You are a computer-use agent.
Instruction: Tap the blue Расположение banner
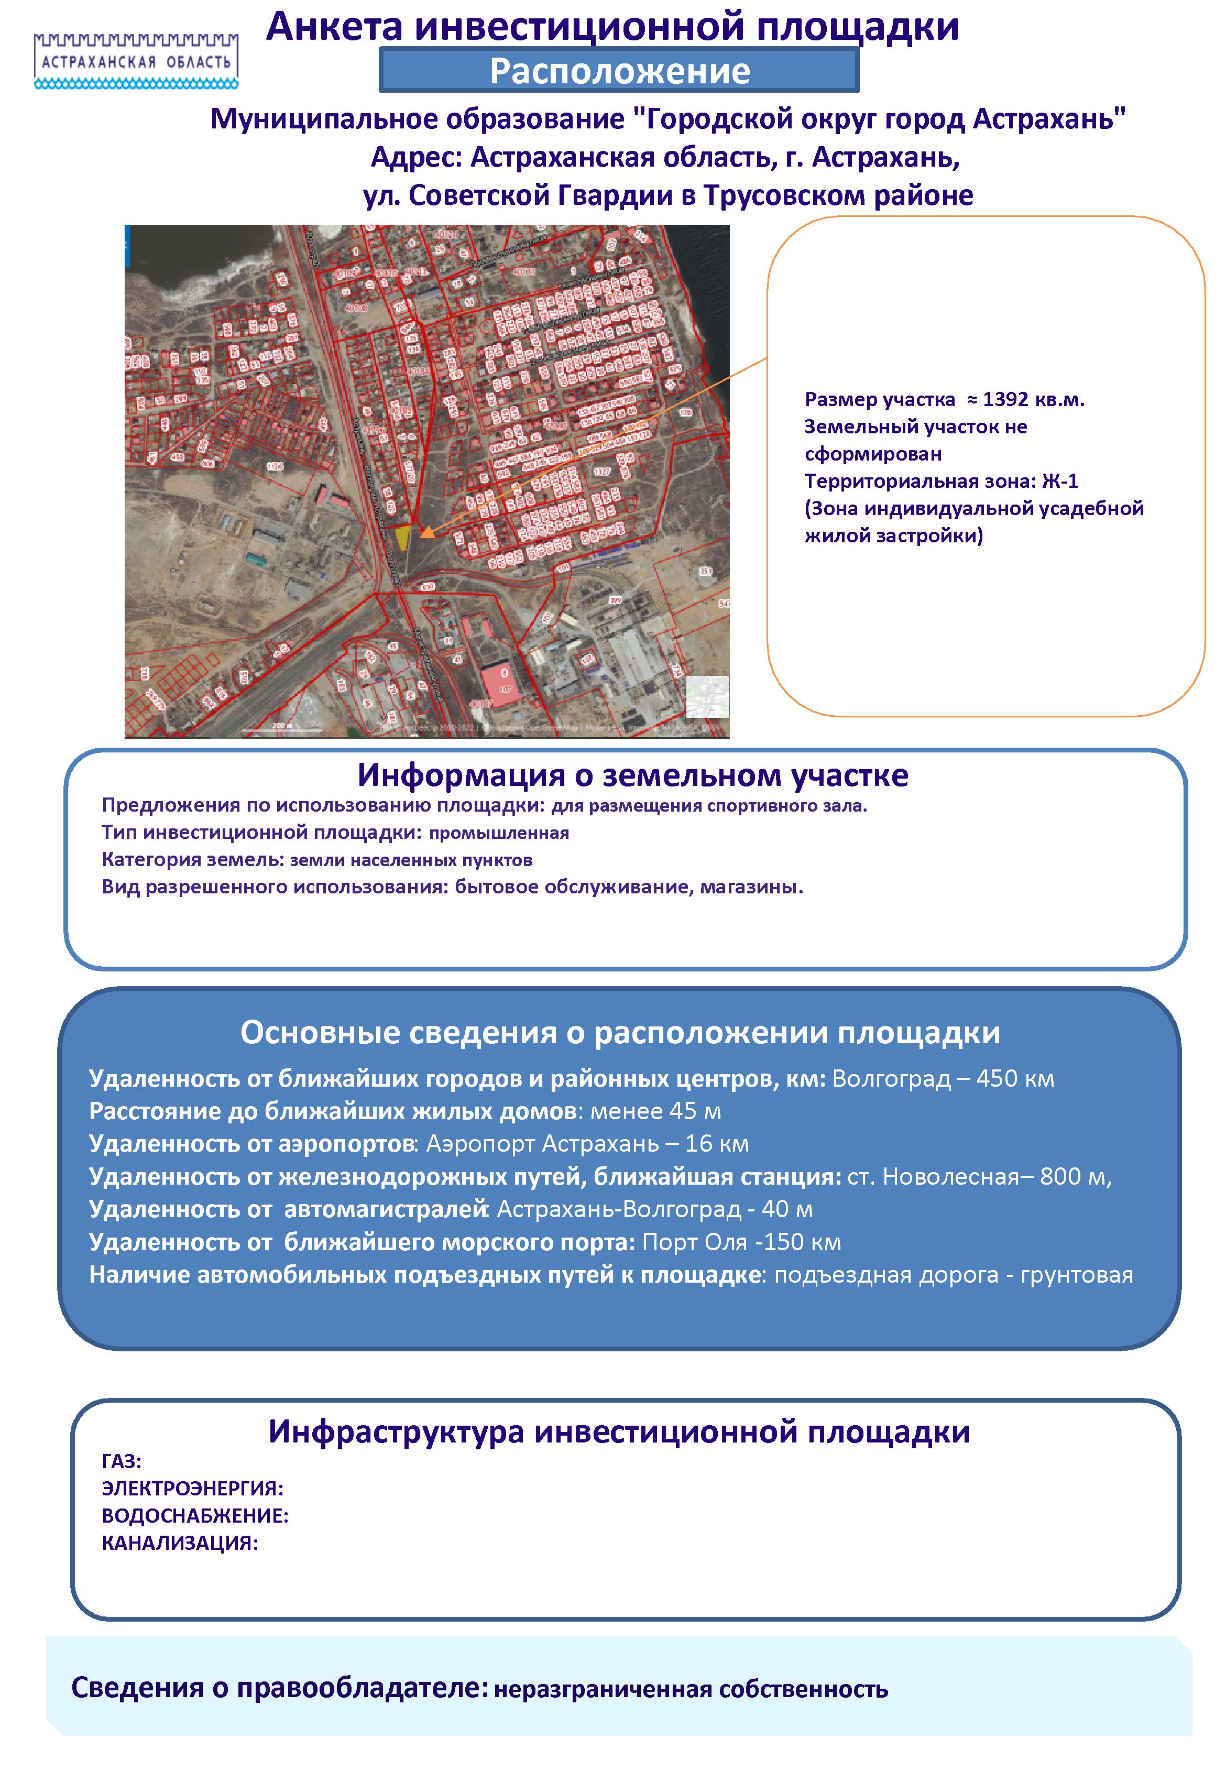[x=619, y=71]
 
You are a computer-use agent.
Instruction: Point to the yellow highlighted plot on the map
[x=402, y=537]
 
